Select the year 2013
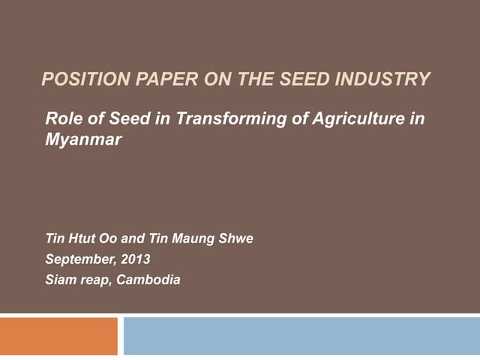[x=135, y=260]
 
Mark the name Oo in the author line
[x=108, y=239]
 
